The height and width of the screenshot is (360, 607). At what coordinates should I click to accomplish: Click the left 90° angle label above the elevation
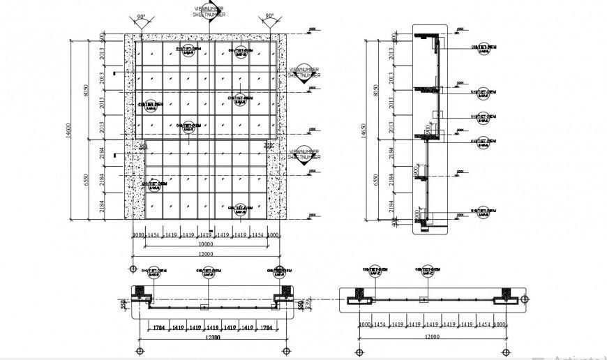click(142, 16)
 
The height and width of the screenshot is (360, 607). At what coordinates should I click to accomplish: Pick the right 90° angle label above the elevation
click(269, 16)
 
